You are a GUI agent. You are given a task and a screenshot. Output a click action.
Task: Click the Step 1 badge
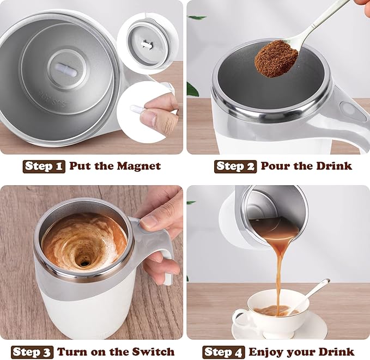click(44, 166)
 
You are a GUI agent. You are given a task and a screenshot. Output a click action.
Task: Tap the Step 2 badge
click(235, 166)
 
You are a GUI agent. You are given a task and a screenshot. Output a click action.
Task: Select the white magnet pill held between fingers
click(137, 109)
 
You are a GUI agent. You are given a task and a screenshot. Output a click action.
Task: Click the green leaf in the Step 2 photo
click(192, 88)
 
